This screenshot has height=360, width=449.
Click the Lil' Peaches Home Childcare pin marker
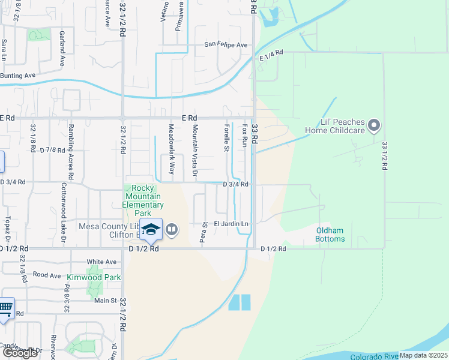pos(374,125)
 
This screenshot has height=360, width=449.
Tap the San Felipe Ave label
pos(226,45)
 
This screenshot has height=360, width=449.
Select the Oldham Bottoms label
pos(330,235)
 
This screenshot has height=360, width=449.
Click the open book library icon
pos(172,229)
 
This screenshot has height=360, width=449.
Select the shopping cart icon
pos(5,309)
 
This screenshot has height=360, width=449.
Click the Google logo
pos(20,353)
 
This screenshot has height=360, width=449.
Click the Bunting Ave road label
pos(18,76)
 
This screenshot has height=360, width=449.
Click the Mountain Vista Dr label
pos(194,151)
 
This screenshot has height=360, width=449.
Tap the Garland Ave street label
pos(61,49)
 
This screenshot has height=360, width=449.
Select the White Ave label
pos(101,262)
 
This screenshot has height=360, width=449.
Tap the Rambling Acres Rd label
pos(71,152)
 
